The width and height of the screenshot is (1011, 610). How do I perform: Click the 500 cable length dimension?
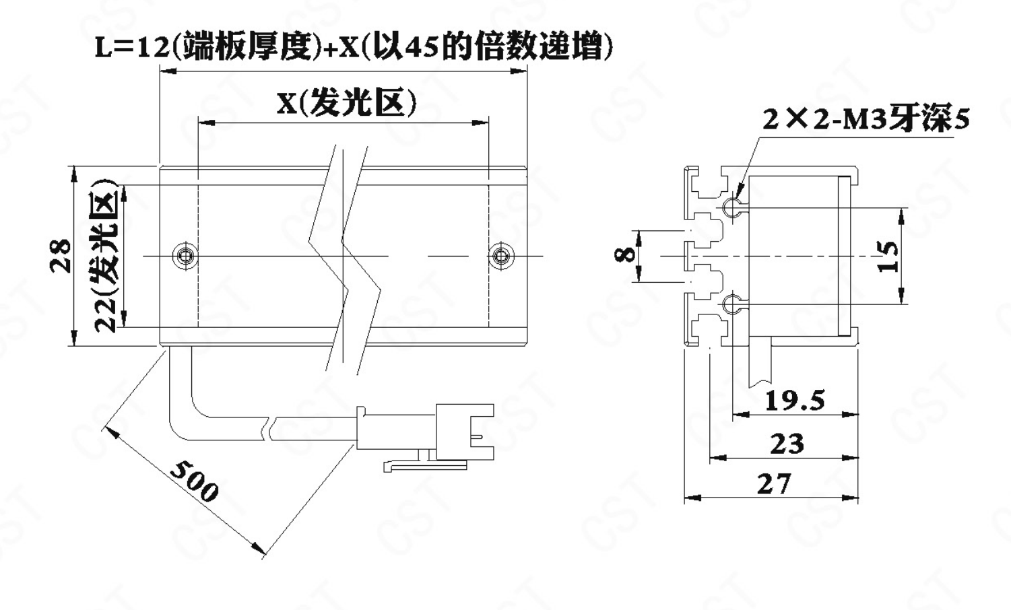point(194,479)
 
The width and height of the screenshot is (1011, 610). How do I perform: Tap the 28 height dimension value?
point(62,255)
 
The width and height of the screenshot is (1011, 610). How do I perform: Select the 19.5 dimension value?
point(795,401)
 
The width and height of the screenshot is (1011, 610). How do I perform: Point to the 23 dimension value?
point(787,444)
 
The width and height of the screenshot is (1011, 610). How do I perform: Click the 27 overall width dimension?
point(773,484)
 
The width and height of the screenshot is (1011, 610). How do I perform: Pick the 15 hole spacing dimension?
point(889,256)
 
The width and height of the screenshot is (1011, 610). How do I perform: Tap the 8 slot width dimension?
point(626,255)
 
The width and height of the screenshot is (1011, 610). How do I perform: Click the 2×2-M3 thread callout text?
point(866,119)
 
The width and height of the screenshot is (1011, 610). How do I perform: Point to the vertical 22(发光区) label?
point(106,256)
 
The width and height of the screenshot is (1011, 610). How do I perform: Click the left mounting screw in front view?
point(184,255)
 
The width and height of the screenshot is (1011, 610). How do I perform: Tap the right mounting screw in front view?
point(500,255)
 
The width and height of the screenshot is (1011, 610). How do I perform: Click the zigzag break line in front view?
point(344,256)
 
